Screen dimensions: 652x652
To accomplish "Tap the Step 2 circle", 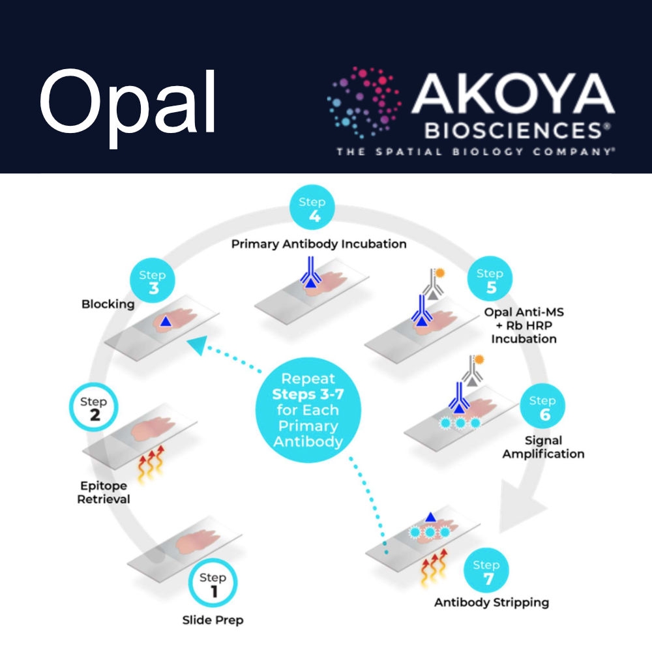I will [x=95, y=408].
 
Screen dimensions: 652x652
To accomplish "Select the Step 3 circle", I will [x=153, y=282].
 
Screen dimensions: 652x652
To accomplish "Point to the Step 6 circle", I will [x=542, y=407].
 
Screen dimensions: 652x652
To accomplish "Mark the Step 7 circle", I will [x=486, y=572].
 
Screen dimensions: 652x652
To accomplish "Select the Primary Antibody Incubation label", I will [x=319, y=244].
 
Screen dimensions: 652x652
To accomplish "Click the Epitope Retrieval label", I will [x=104, y=493].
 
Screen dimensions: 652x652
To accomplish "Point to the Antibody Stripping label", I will [x=491, y=602].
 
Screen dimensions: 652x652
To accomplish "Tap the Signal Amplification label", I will [x=542, y=447].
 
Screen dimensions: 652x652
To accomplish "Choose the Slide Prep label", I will [x=213, y=619].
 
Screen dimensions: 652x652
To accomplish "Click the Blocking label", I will [x=108, y=304].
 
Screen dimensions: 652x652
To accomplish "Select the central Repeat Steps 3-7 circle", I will [x=308, y=410].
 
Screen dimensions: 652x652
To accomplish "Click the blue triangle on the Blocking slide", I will [x=167, y=321].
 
